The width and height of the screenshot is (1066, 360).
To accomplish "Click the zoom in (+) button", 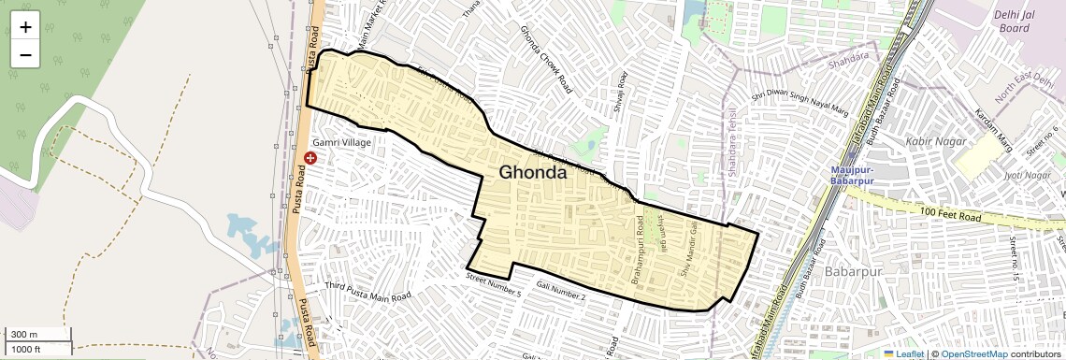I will (25, 26).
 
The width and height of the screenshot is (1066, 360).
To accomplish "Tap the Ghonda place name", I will (532, 173).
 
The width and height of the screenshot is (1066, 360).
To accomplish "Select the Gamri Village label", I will (342, 142).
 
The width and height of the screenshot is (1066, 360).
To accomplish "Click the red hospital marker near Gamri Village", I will (311, 158).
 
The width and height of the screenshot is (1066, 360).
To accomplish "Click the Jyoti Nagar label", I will (1026, 175).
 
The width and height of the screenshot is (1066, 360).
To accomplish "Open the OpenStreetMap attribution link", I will (973, 353).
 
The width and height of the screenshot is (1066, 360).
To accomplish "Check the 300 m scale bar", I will (37, 335).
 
